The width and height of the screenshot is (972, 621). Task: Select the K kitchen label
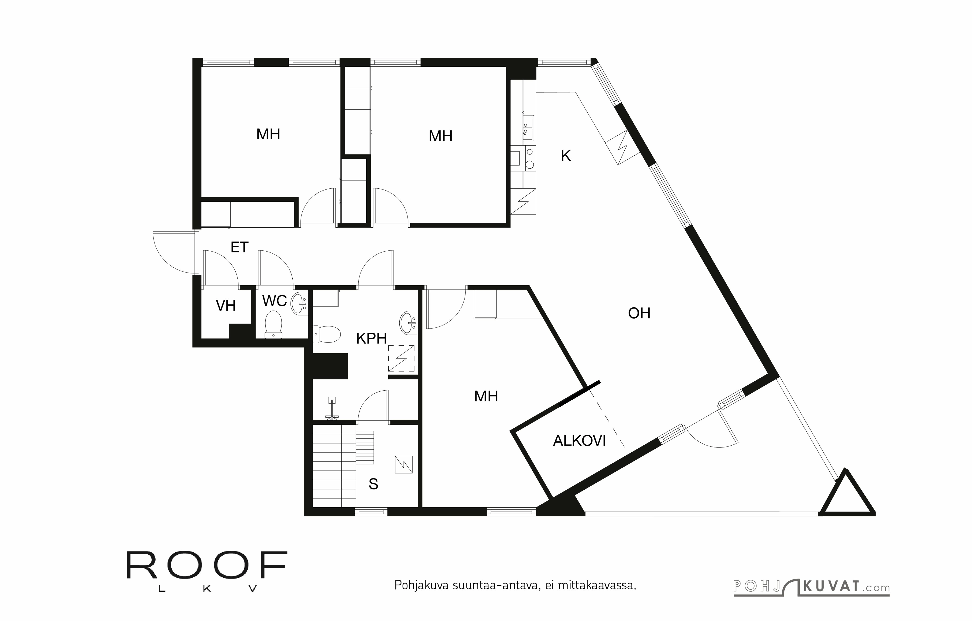click(x=565, y=156)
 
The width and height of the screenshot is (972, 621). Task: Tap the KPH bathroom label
click(x=371, y=338)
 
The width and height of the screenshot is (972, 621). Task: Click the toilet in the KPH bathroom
click(x=327, y=334)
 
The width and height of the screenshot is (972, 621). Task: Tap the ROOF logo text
click(x=207, y=565)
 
